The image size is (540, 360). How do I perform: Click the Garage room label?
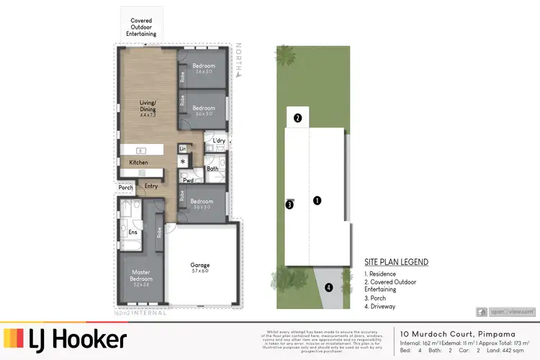point(199,266)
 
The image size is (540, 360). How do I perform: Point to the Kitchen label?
point(138,163)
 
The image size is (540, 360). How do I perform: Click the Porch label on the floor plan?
point(126,189)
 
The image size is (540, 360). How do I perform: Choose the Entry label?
point(151,186)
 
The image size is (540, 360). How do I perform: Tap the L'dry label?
point(217,141)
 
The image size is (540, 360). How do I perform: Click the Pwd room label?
point(187,181)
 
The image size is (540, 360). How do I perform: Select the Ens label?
point(132,232)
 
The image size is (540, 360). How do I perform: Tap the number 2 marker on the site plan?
point(297,119)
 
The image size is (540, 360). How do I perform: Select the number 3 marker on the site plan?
point(289,204)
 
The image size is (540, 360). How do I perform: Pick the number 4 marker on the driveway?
point(328,287)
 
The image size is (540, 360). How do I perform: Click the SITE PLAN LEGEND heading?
point(396,262)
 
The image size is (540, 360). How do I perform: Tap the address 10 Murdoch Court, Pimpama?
point(446,334)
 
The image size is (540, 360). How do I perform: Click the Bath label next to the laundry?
point(212,169)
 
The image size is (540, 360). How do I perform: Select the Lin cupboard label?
point(182,149)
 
